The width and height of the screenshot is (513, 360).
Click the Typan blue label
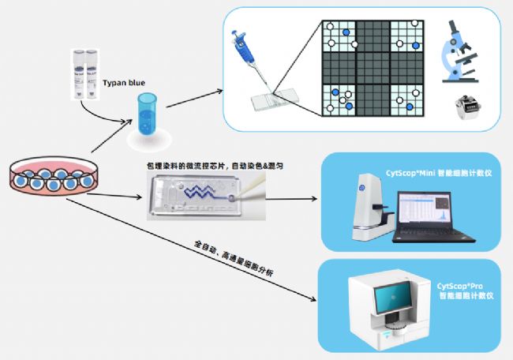(x=125, y=81)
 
